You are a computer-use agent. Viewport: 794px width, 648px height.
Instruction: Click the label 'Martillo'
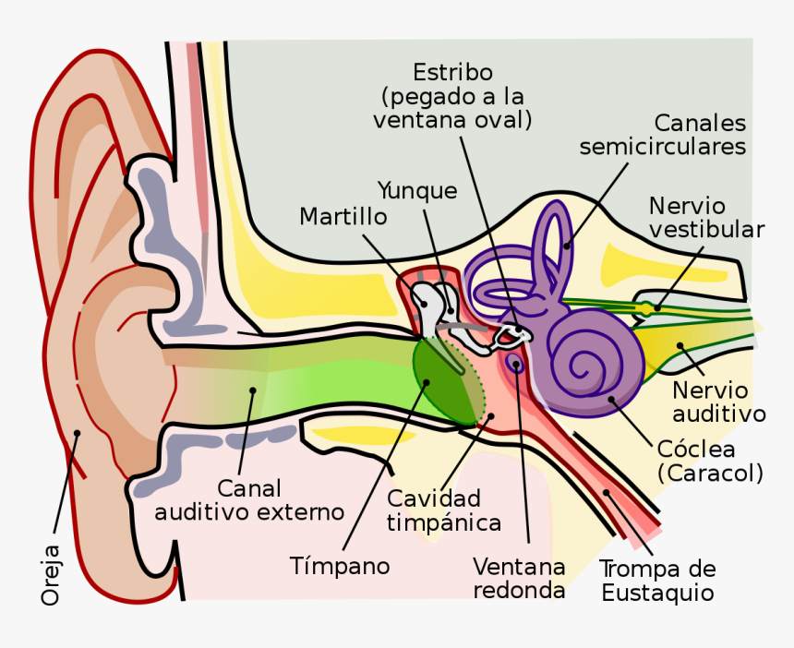pyautogui.click(x=343, y=216)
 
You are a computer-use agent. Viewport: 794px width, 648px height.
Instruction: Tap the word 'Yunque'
pyautogui.click(x=417, y=191)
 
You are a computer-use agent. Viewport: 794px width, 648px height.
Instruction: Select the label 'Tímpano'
pyautogui.click(x=340, y=564)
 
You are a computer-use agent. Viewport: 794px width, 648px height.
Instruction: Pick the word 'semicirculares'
pyautogui.click(x=663, y=147)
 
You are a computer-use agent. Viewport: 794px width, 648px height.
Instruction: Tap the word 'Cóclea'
pyautogui.click(x=696, y=450)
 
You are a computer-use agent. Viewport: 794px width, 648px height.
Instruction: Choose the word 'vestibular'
pyautogui.click(x=706, y=229)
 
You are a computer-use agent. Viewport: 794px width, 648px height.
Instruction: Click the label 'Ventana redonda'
pyautogui.click(x=519, y=577)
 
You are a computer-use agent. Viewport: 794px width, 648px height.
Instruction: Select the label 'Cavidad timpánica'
pyautogui.click(x=444, y=510)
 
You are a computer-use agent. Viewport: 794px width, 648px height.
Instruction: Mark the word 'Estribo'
pyautogui.click(x=452, y=72)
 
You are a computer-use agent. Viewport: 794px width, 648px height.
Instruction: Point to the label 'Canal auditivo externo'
pyautogui.click(x=249, y=499)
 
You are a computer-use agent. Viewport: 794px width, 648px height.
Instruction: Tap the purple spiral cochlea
pyautogui.click(x=591, y=355)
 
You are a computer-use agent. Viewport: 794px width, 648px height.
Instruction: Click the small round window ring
pyautogui.click(x=516, y=365)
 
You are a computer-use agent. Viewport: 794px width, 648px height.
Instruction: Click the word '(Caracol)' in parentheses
pyautogui.click(x=710, y=474)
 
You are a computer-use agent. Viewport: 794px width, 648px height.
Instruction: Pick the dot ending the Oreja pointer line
pyautogui.click(x=78, y=432)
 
